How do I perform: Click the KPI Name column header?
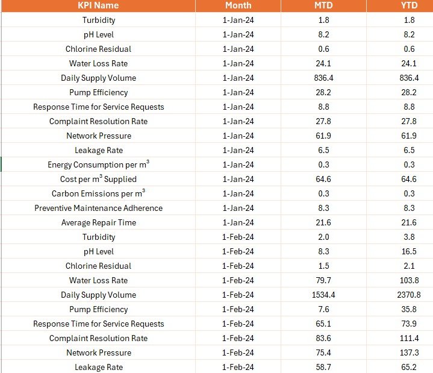[98, 5]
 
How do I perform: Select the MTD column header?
[323, 5]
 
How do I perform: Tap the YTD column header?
[409, 5]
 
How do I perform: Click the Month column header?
[238, 5]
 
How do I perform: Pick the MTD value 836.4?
[323, 78]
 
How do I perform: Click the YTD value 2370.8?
[409, 295]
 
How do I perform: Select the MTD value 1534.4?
[323, 295]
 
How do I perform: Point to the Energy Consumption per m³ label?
[98, 165]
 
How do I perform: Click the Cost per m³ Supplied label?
[98, 179]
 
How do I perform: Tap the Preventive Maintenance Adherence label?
[98, 208]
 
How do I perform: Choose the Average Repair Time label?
[99, 222]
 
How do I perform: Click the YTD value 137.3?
[410, 353]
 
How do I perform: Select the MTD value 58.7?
[323, 367]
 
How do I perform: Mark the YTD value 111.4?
[410, 338]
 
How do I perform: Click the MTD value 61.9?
[323, 136]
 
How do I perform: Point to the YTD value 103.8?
[410, 280]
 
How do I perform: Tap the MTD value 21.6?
[323, 222]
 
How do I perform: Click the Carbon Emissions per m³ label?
[98, 193]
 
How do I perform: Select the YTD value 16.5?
[409, 251]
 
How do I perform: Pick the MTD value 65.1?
[323, 324]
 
